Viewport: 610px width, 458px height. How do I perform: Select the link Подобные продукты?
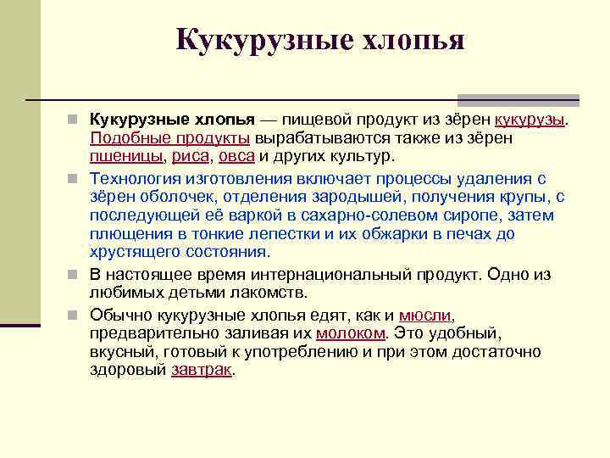[x=169, y=138]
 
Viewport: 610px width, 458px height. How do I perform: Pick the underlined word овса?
[x=236, y=157]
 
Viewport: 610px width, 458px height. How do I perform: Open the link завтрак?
[x=201, y=371]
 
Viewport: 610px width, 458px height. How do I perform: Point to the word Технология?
[x=136, y=178]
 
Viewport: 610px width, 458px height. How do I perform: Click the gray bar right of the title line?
[x=518, y=99]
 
